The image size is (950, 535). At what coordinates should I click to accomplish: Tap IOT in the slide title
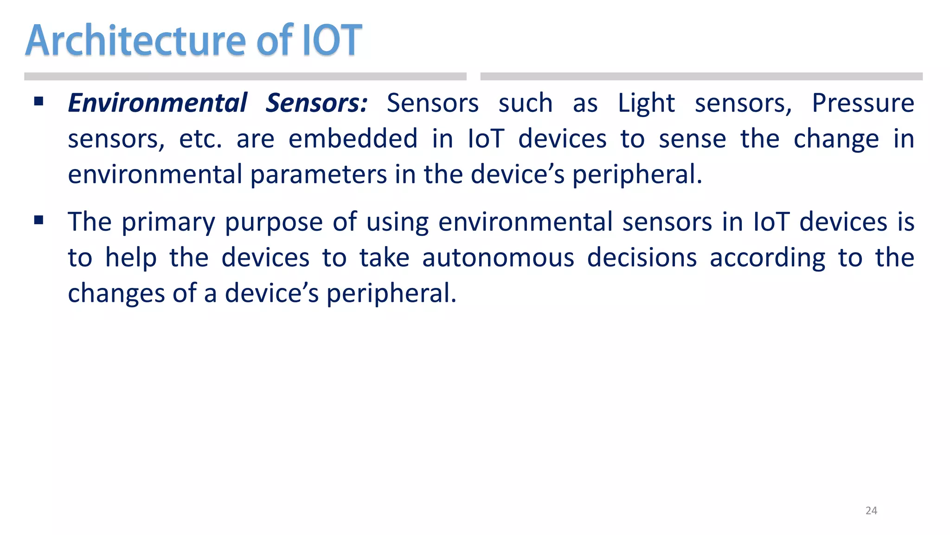pyautogui.click(x=332, y=41)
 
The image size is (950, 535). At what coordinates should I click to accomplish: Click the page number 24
pyautogui.click(x=871, y=510)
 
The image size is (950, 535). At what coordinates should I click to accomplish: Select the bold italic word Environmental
pyautogui.click(x=158, y=103)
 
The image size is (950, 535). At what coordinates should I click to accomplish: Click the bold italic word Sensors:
pyautogui.click(x=316, y=103)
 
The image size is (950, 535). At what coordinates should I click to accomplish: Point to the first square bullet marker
pyautogui.click(x=39, y=101)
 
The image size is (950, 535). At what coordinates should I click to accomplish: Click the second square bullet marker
pyautogui.click(x=39, y=220)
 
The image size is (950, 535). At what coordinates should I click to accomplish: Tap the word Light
pyautogui.click(x=646, y=103)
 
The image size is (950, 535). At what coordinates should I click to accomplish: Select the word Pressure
pyautogui.click(x=863, y=103)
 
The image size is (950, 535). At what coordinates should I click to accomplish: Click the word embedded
pyautogui.click(x=353, y=139)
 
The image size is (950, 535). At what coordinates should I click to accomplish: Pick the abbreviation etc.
pyautogui.click(x=200, y=139)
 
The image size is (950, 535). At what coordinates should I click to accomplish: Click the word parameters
pyautogui.click(x=319, y=175)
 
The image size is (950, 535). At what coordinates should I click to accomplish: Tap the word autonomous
pyautogui.click(x=498, y=258)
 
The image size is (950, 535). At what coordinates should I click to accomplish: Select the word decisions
pyautogui.click(x=642, y=258)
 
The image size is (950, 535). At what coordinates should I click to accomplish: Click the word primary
pyautogui.click(x=168, y=222)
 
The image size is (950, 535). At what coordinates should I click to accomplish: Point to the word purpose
pyautogui.click(x=274, y=222)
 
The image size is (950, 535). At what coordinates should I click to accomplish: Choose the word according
pyautogui.click(x=767, y=258)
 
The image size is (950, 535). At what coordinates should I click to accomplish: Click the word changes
pyautogui.click(x=116, y=294)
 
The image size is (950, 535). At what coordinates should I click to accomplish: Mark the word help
pyautogui.click(x=131, y=258)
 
